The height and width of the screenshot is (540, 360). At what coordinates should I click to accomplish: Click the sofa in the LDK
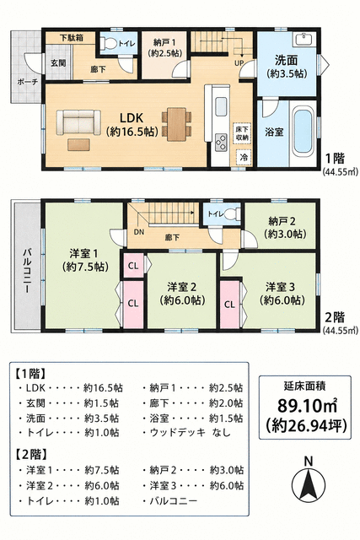[78, 122]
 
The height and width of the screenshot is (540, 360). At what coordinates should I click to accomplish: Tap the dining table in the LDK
[177, 124]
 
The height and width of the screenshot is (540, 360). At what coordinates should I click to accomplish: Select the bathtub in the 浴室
[304, 132]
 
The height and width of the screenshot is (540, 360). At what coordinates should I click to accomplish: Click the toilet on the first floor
[109, 44]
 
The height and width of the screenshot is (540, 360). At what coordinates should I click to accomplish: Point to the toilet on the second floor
[233, 213]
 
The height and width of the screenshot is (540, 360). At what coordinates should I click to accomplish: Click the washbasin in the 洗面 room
[304, 40]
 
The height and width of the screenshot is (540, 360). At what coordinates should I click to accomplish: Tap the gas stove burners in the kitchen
[221, 143]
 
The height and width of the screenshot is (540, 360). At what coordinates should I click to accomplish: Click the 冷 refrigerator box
[244, 158]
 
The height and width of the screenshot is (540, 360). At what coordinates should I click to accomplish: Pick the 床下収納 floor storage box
[242, 132]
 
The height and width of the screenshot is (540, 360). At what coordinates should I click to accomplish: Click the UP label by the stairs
[239, 63]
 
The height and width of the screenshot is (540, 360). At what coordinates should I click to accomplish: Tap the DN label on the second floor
[139, 232]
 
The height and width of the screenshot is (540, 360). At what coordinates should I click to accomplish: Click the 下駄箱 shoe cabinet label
[72, 37]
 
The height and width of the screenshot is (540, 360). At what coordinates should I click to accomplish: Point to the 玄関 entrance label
[58, 63]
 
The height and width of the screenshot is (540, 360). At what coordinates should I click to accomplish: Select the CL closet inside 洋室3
[230, 305]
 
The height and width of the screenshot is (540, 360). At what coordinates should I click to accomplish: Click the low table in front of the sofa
[78, 144]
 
